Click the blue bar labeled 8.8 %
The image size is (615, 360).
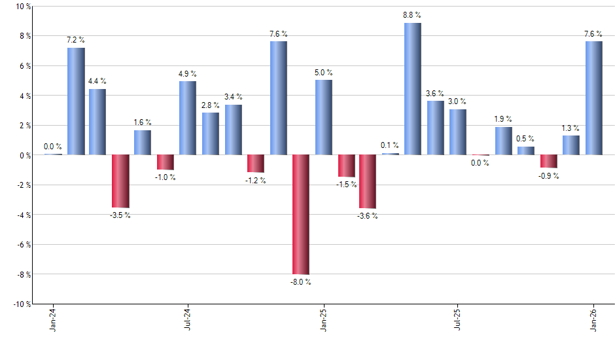click(x=413, y=89)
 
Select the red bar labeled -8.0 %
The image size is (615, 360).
click(x=301, y=214)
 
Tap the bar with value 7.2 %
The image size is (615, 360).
click(x=76, y=101)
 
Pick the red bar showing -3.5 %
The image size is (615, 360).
click(x=120, y=181)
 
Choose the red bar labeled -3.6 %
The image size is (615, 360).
click(x=368, y=181)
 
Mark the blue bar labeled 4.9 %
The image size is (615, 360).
click(x=188, y=118)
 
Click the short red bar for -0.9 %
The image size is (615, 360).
click(x=548, y=161)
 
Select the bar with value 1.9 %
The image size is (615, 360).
click(x=503, y=141)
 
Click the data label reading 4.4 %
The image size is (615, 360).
click(x=97, y=81)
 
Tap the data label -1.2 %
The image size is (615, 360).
click(x=256, y=180)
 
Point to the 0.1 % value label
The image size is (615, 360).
click(x=390, y=145)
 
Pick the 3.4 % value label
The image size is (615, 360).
click(x=234, y=97)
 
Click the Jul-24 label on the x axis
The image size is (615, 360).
click(x=188, y=320)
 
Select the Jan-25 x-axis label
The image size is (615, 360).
click(x=323, y=320)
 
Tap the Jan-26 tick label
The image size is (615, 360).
click(x=593, y=320)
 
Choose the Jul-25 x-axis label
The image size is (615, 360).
click(x=458, y=320)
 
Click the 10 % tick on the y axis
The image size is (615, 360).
click(x=22, y=7)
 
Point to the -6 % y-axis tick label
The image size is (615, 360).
click(x=22, y=245)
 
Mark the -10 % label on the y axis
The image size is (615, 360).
click(x=21, y=304)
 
